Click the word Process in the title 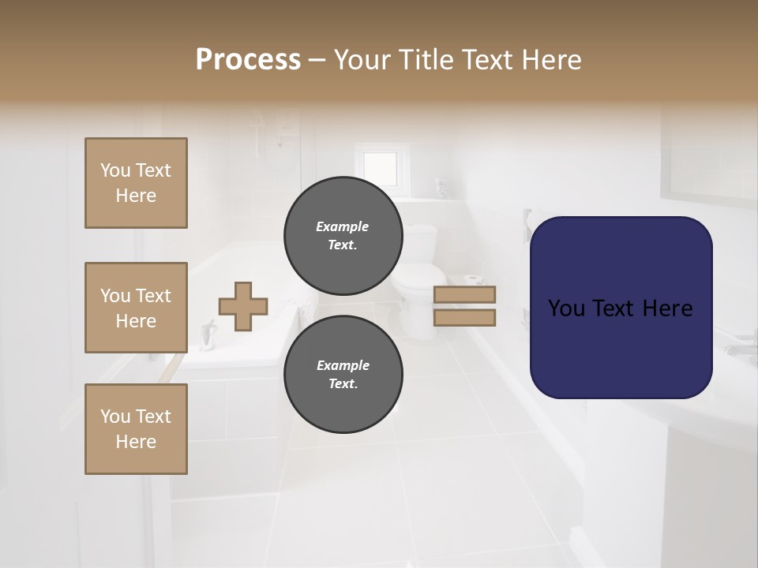click(248, 60)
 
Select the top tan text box click(136, 183)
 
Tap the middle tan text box click(136, 308)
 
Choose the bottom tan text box click(136, 428)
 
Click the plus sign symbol click(243, 306)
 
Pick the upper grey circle click(343, 236)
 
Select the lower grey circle click(343, 375)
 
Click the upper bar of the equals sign click(464, 294)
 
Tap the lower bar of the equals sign click(464, 317)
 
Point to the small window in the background click(380, 166)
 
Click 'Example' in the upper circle click(343, 226)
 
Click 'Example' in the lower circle click(343, 365)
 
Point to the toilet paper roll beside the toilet click(474, 279)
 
